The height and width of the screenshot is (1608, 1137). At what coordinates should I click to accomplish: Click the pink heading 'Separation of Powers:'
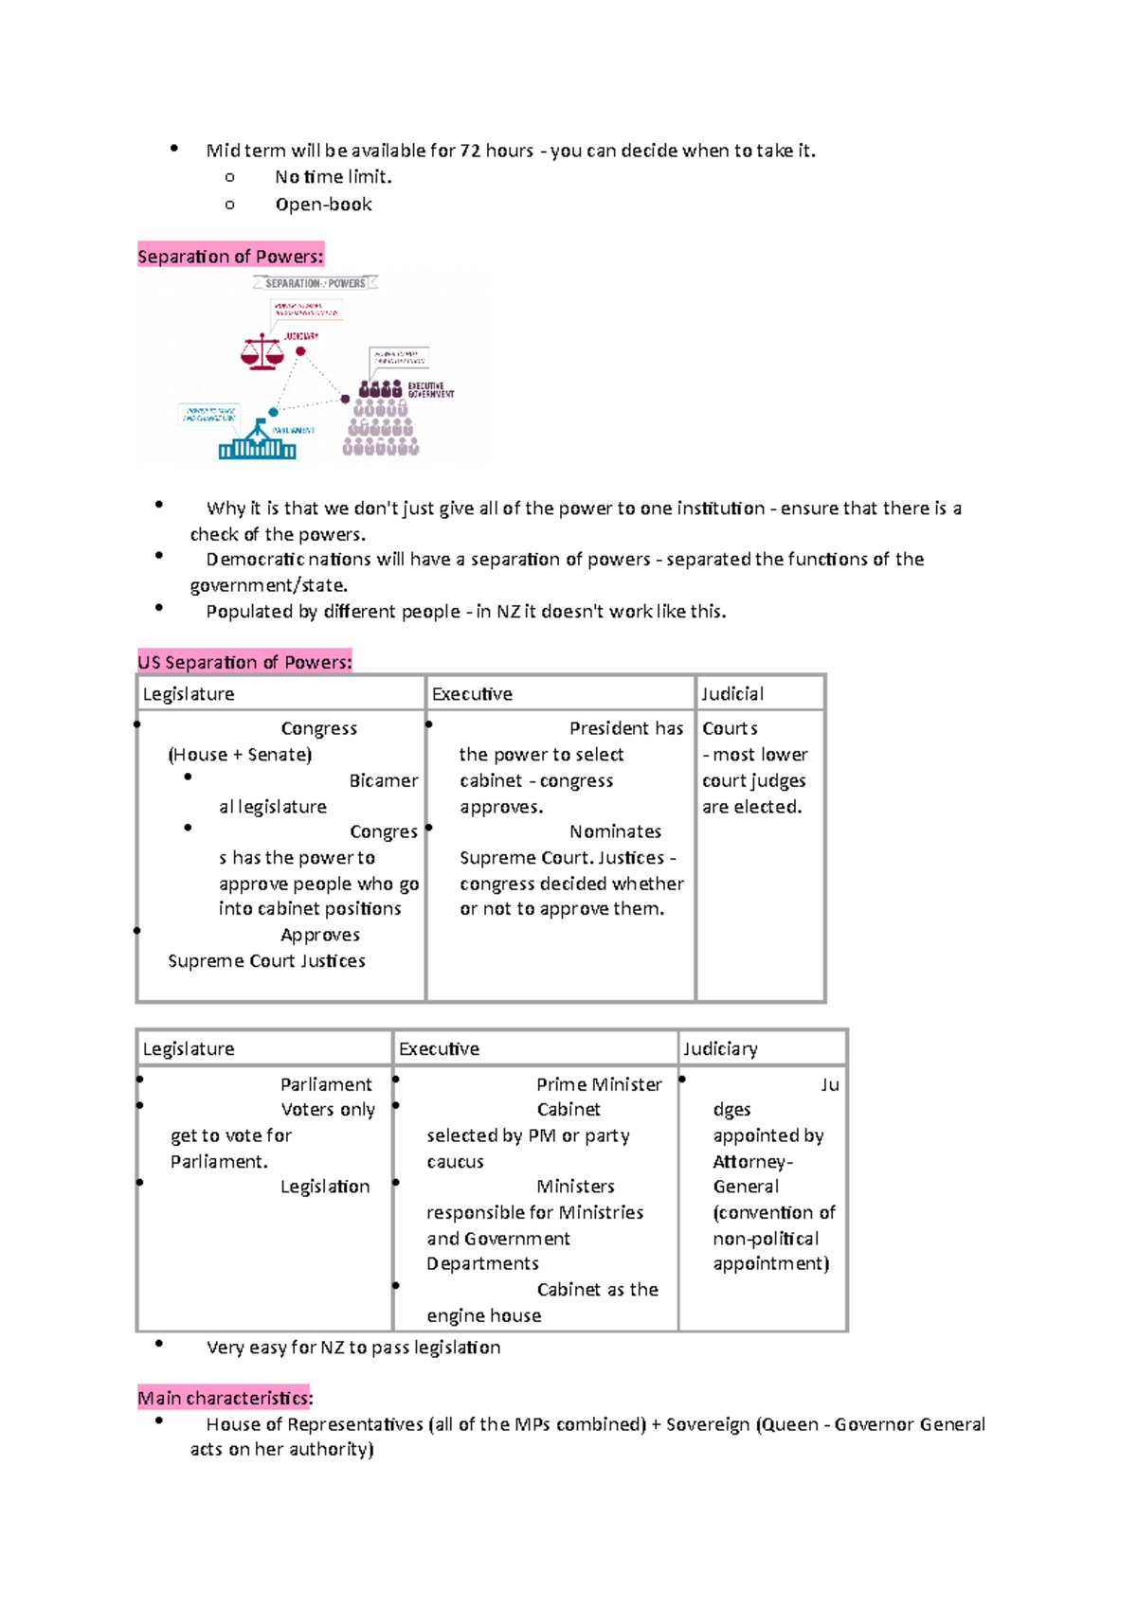tap(230, 257)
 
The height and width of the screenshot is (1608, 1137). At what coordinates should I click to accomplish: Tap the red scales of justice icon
tap(262, 352)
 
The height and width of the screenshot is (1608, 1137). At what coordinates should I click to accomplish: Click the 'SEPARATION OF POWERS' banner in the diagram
tap(316, 283)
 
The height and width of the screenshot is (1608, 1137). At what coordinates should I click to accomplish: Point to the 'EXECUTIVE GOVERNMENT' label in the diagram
tap(430, 390)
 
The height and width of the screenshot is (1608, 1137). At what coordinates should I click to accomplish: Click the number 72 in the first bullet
tap(470, 151)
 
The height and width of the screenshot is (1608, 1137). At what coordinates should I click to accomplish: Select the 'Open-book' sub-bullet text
tap(323, 205)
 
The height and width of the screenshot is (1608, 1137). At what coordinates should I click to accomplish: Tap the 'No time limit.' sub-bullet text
tap(333, 177)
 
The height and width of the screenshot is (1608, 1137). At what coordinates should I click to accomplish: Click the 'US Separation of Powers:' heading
tap(244, 662)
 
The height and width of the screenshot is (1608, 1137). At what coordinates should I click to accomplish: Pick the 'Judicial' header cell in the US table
tap(732, 694)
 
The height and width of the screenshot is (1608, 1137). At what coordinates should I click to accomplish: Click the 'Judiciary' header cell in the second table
tap(720, 1049)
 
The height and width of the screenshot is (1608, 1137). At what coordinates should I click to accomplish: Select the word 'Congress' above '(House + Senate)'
tap(318, 729)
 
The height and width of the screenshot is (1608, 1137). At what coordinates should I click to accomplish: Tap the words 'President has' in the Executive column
tap(625, 729)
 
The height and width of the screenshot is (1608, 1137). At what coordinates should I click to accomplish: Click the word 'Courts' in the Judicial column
tap(730, 729)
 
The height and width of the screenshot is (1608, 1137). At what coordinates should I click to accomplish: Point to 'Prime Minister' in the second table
tap(599, 1084)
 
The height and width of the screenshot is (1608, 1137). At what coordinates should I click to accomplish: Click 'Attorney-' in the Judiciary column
tap(752, 1162)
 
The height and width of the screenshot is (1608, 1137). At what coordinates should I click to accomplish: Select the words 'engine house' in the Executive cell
tap(483, 1316)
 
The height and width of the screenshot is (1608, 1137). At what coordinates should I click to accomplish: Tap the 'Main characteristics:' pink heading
tap(225, 1399)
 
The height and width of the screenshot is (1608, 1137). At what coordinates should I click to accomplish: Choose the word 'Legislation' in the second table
tap(325, 1188)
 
